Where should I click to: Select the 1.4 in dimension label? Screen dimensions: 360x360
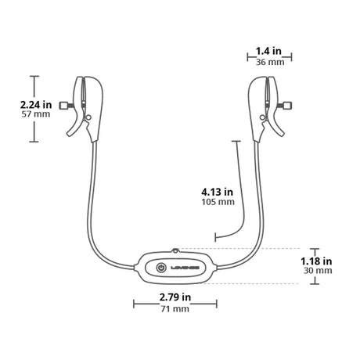272,49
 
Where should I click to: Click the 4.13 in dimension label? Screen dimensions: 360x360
217,190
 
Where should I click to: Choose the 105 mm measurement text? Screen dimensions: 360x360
217,202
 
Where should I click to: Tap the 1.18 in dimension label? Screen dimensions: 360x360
317,261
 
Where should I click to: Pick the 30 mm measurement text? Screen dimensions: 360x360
317,272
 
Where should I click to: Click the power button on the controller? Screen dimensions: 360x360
161,267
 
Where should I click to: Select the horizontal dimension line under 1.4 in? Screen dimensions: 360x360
272,56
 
